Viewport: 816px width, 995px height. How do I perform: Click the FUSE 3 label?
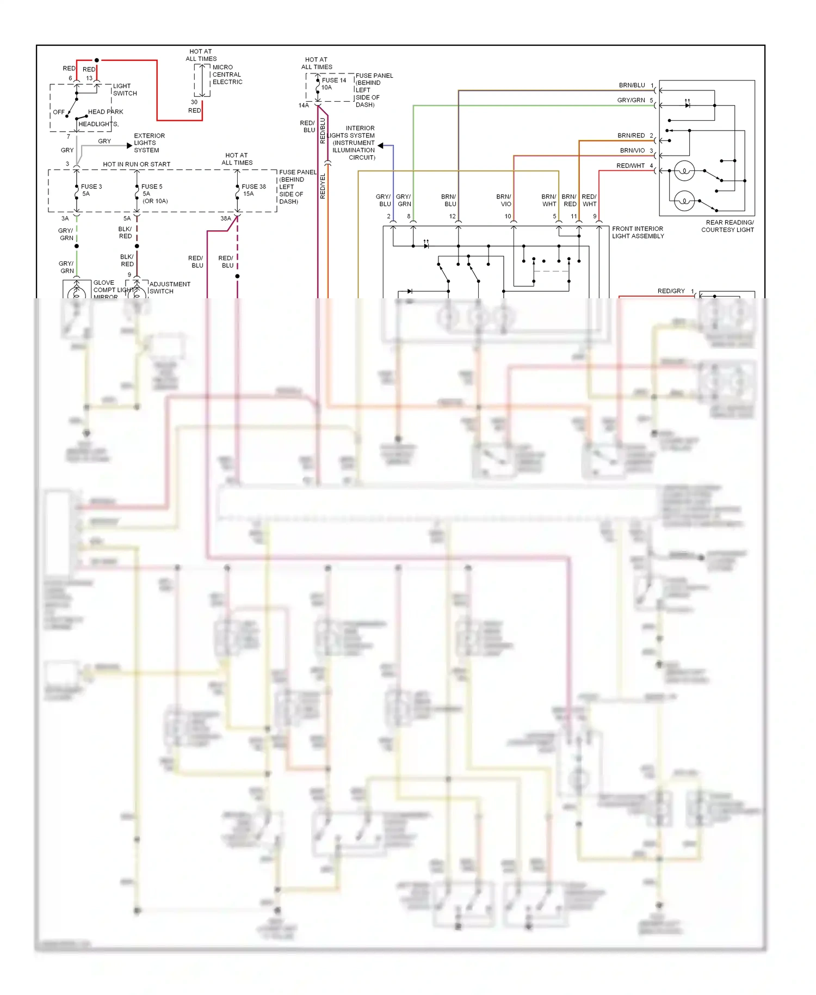(91, 187)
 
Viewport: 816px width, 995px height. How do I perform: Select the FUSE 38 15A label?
(254, 190)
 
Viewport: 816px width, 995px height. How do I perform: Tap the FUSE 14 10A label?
(333, 84)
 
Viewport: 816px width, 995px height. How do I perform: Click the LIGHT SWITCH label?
(125, 90)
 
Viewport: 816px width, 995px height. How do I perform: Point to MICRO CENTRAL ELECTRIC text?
(227, 75)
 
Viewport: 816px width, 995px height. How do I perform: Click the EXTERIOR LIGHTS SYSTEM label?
(149, 143)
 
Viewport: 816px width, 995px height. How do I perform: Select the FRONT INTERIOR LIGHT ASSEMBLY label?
(638, 232)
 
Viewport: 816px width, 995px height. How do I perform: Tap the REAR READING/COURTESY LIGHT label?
(727, 226)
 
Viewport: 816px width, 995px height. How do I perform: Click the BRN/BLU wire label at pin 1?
(632, 85)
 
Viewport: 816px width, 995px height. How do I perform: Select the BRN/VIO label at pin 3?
(632, 150)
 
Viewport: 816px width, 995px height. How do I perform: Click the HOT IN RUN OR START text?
(137, 164)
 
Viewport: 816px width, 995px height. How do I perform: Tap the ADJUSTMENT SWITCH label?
(169, 288)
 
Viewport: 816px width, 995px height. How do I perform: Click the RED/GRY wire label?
(671, 291)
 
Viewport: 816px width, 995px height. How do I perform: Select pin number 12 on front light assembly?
(452, 217)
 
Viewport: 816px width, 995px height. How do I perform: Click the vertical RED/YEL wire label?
(323, 186)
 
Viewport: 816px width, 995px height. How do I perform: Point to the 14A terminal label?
(304, 106)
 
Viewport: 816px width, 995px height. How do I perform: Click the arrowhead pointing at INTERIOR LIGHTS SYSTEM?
(381, 146)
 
